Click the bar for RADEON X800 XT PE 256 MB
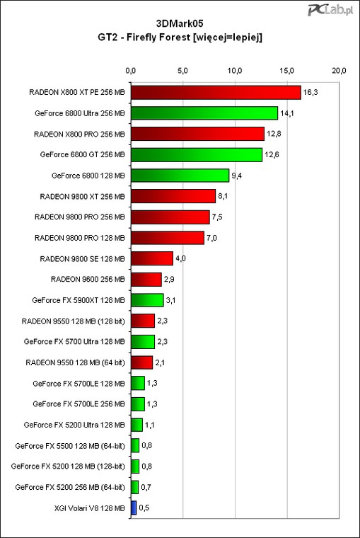point(216,93)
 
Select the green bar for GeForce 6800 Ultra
point(204,113)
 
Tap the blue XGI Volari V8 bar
point(134,508)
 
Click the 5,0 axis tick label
point(182,71)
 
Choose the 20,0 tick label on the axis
point(339,71)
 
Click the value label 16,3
point(310,92)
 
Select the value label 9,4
point(236,176)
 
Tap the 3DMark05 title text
point(180,23)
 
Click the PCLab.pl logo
point(330,10)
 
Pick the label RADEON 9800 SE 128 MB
point(82,258)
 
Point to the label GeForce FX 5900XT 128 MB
point(79,300)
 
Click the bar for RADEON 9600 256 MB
point(146,280)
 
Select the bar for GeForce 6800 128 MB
point(180,176)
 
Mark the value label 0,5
point(144,508)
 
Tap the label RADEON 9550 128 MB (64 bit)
point(76,362)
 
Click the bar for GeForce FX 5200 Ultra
point(137,425)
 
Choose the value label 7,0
point(211,238)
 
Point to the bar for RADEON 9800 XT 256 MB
point(173,196)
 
